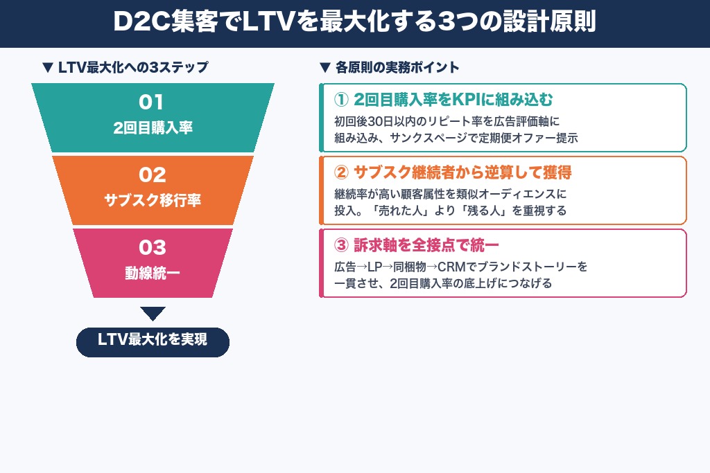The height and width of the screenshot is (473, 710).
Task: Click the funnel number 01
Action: (x=153, y=102)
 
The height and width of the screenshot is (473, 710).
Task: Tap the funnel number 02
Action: (x=153, y=175)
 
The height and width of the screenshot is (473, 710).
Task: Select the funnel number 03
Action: (x=153, y=247)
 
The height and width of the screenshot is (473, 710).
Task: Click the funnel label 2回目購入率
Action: (x=153, y=128)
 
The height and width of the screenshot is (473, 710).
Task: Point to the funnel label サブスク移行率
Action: (x=153, y=200)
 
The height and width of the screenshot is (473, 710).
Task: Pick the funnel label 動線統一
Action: (x=153, y=273)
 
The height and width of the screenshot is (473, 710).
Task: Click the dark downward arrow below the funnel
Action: (x=153, y=313)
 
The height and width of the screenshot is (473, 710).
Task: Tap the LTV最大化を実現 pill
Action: (x=153, y=341)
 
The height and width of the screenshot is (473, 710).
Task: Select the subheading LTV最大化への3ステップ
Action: (x=125, y=67)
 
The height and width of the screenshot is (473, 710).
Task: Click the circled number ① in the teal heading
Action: (x=341, y=98)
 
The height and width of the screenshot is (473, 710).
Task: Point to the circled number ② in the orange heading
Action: (x=341, y=172)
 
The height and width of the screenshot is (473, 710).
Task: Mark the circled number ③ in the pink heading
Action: (x=341, y=245)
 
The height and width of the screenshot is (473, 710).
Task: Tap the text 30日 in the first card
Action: (x=380, y=120)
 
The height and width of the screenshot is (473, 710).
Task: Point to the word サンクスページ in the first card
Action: (x=431, y=138)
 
